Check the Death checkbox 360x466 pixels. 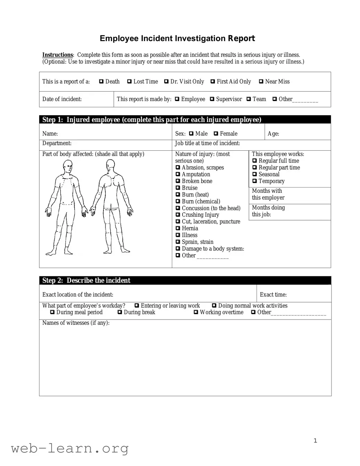101,82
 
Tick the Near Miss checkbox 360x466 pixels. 261,82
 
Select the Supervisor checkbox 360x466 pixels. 212,99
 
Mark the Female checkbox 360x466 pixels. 216,134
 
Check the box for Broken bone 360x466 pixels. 178,181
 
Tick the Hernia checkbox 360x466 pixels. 178,228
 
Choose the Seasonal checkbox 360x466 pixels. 255,174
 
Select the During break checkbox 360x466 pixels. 120,312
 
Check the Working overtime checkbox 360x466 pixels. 196,312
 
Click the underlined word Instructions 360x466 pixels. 58,55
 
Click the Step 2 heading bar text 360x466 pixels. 86,281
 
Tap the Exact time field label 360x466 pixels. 273,295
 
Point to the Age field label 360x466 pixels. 273,134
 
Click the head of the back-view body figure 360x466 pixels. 110,165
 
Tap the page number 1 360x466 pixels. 315,441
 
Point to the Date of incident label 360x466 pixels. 62,99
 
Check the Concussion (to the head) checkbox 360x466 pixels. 178,208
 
